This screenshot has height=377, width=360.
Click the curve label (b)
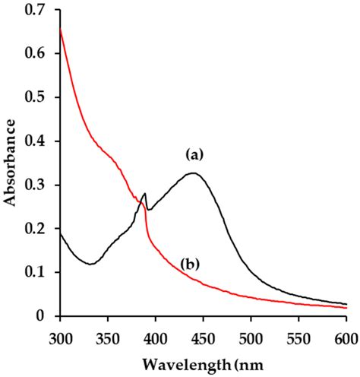pos(191,265)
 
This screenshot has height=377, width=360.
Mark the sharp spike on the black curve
pos(144,195)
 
